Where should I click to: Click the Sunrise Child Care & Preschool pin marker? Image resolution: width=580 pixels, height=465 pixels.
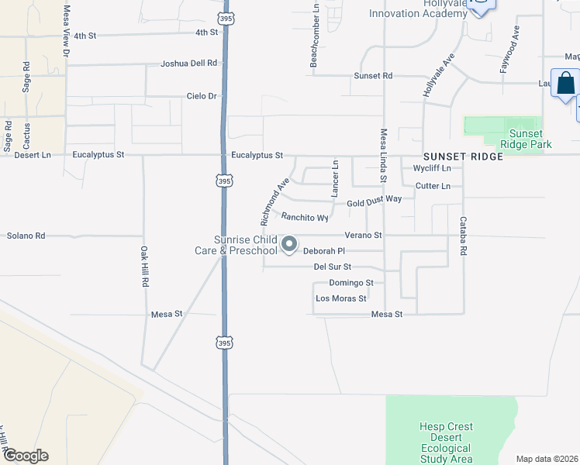click(289, 245)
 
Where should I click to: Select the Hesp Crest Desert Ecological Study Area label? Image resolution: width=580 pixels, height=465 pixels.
click(446, 443)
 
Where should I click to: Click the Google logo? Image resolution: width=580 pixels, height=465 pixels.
click(25, 456)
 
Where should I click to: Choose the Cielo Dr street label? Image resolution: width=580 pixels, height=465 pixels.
click(202, 96)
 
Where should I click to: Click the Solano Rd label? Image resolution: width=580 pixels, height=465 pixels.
click(26, 235)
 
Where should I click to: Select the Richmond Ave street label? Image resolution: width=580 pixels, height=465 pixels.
click(274, 202)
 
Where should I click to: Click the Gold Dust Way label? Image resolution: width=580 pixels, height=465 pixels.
click(374, 200)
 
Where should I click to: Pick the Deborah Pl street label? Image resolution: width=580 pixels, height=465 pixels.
click(323, 251)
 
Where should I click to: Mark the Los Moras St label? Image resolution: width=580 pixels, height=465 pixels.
click(340, 298)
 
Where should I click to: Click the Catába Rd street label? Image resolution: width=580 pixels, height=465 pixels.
click(464, 236)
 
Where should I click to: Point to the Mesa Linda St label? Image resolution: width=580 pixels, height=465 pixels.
click(383, 156)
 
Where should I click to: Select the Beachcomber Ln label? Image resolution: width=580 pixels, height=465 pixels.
click(315, 35)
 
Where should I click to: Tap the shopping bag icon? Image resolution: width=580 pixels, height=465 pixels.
click(567, 83)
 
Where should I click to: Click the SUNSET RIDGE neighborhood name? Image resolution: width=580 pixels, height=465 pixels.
click(463, 156)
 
